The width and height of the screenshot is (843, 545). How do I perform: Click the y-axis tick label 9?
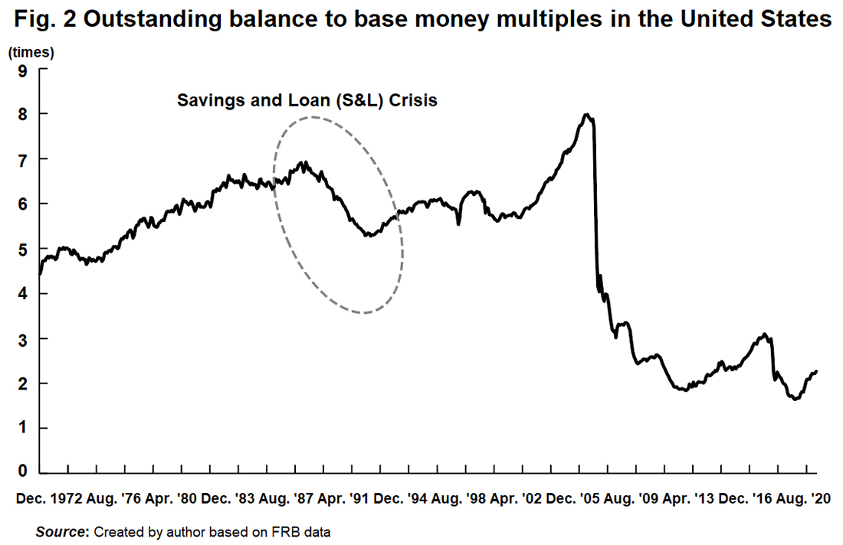[x=23, y=70]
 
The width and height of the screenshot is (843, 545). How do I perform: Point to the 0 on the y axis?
[x=23, y=472]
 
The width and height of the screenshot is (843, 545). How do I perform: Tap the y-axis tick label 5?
[x=23, y=249]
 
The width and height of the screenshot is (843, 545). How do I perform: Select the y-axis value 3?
[x=23, y=338]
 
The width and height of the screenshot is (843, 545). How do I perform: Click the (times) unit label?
[x=31, y=53]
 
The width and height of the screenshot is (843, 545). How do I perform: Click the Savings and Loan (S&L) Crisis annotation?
[x=307, y=100]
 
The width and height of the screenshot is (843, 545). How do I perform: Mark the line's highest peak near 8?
[x=586, y=115]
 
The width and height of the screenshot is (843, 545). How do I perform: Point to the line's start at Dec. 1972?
[x=40, y=273]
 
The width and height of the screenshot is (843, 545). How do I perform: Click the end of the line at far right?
[x=817, y=371]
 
